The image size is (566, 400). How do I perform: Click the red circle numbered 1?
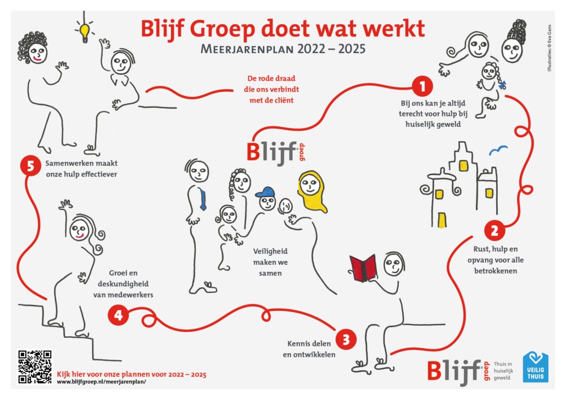pyautogui.click(x=422, y=86)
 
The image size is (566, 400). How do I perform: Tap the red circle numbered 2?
pyautogui.click(x=494, y=230)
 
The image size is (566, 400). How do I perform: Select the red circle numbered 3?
pyautogui.click(x=346, y=340)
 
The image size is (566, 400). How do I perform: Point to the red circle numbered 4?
pyautogui.click(x=118, y=315)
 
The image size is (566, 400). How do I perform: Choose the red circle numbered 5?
pyautogui.click(x=30, y=166)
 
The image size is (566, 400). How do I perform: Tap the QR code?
pyautogui.click(x=35, y=367)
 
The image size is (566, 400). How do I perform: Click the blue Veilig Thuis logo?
pyautogui.click(x=535, y=367)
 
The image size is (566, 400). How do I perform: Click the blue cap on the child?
pyautogui.click(x=265, y=192)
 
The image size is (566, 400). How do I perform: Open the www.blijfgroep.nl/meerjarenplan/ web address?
pyautogui.click(x=102, y=381)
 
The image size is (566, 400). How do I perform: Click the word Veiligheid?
pyautogui.click(x=270, y=251)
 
